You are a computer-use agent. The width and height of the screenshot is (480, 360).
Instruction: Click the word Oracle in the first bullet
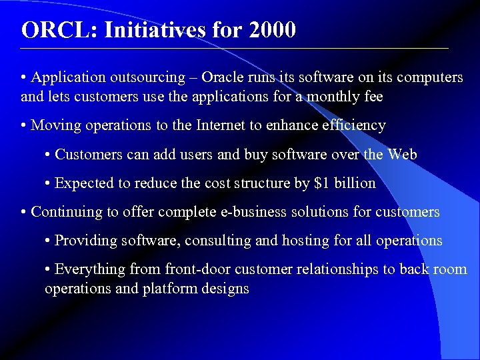(224, 77)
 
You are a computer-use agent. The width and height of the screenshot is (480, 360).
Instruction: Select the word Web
(402, 155)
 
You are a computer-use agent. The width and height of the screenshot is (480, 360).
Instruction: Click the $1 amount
(321, 183)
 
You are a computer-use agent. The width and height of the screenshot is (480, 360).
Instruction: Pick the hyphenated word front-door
(197, 269)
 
